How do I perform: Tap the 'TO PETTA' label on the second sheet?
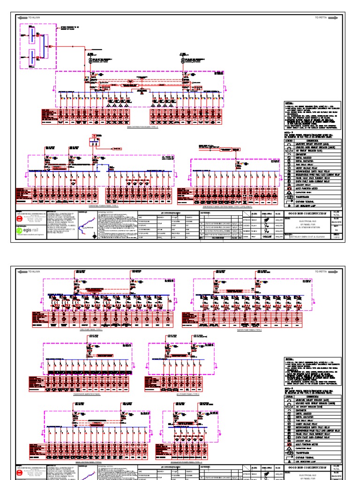[321, 272]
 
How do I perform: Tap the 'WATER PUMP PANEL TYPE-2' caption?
[248, 330]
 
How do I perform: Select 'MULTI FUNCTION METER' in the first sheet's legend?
[289, 187]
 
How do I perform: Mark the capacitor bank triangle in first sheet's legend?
[289, 191]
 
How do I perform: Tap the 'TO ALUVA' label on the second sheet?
[35, 272]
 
